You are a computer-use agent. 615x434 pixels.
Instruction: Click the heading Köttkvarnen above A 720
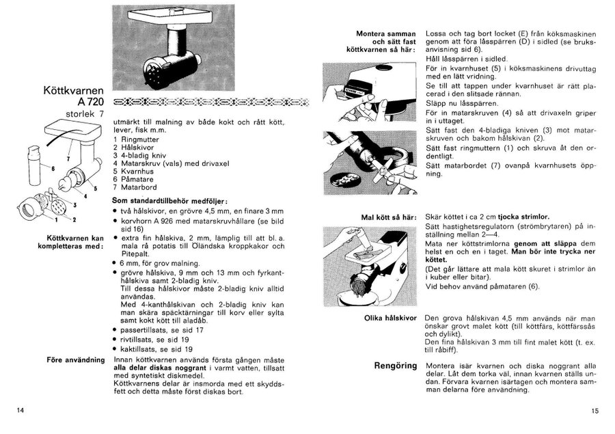(73, 90)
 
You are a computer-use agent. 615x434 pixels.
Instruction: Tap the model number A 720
(90, 102)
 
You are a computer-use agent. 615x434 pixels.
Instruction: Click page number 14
(20, 409)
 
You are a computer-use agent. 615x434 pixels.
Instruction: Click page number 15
(594, 410)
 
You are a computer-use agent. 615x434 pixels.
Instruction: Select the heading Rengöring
(395, 366)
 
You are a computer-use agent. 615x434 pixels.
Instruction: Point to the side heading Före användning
(75, 357)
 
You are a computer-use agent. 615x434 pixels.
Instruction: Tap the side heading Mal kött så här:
(389, 217)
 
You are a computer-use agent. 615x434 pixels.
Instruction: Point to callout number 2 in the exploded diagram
(74, 219)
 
